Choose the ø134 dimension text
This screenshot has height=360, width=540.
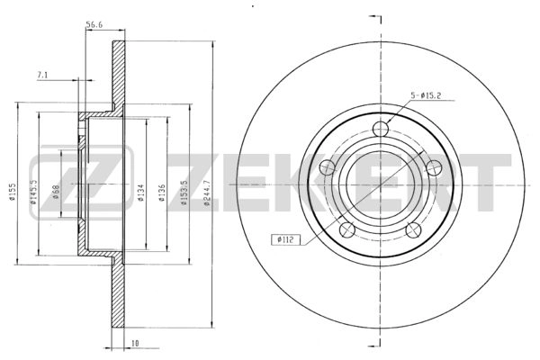pyautogui.click(x=142, y=192)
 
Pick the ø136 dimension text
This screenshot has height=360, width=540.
pyautogui.click(x=163, y=192)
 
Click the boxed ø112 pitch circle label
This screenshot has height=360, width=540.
pyautogui.click(x=284, y=238)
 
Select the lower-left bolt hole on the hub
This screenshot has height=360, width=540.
pyautogui.click(x=347, y=228)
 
